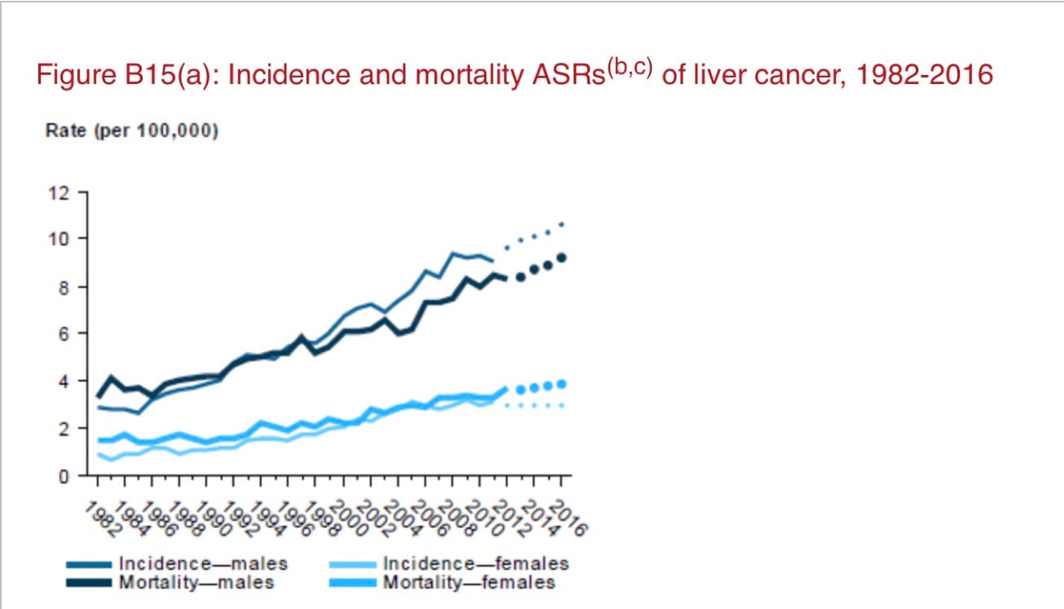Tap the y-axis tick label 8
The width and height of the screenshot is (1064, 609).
click(60, 287)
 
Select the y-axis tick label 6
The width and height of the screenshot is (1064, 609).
click(60, 333)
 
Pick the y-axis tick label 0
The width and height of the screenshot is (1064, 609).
click(60, 475)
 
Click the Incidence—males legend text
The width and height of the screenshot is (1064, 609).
click(203, 563)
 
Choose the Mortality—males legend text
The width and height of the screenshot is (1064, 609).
click(196, 582)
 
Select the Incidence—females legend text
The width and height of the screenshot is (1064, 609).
click(476, 563)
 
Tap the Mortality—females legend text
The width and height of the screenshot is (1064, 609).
click(469, 582)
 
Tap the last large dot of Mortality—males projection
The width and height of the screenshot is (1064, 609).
click(561, 258)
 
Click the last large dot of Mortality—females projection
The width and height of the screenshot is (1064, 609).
click(561, 384)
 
